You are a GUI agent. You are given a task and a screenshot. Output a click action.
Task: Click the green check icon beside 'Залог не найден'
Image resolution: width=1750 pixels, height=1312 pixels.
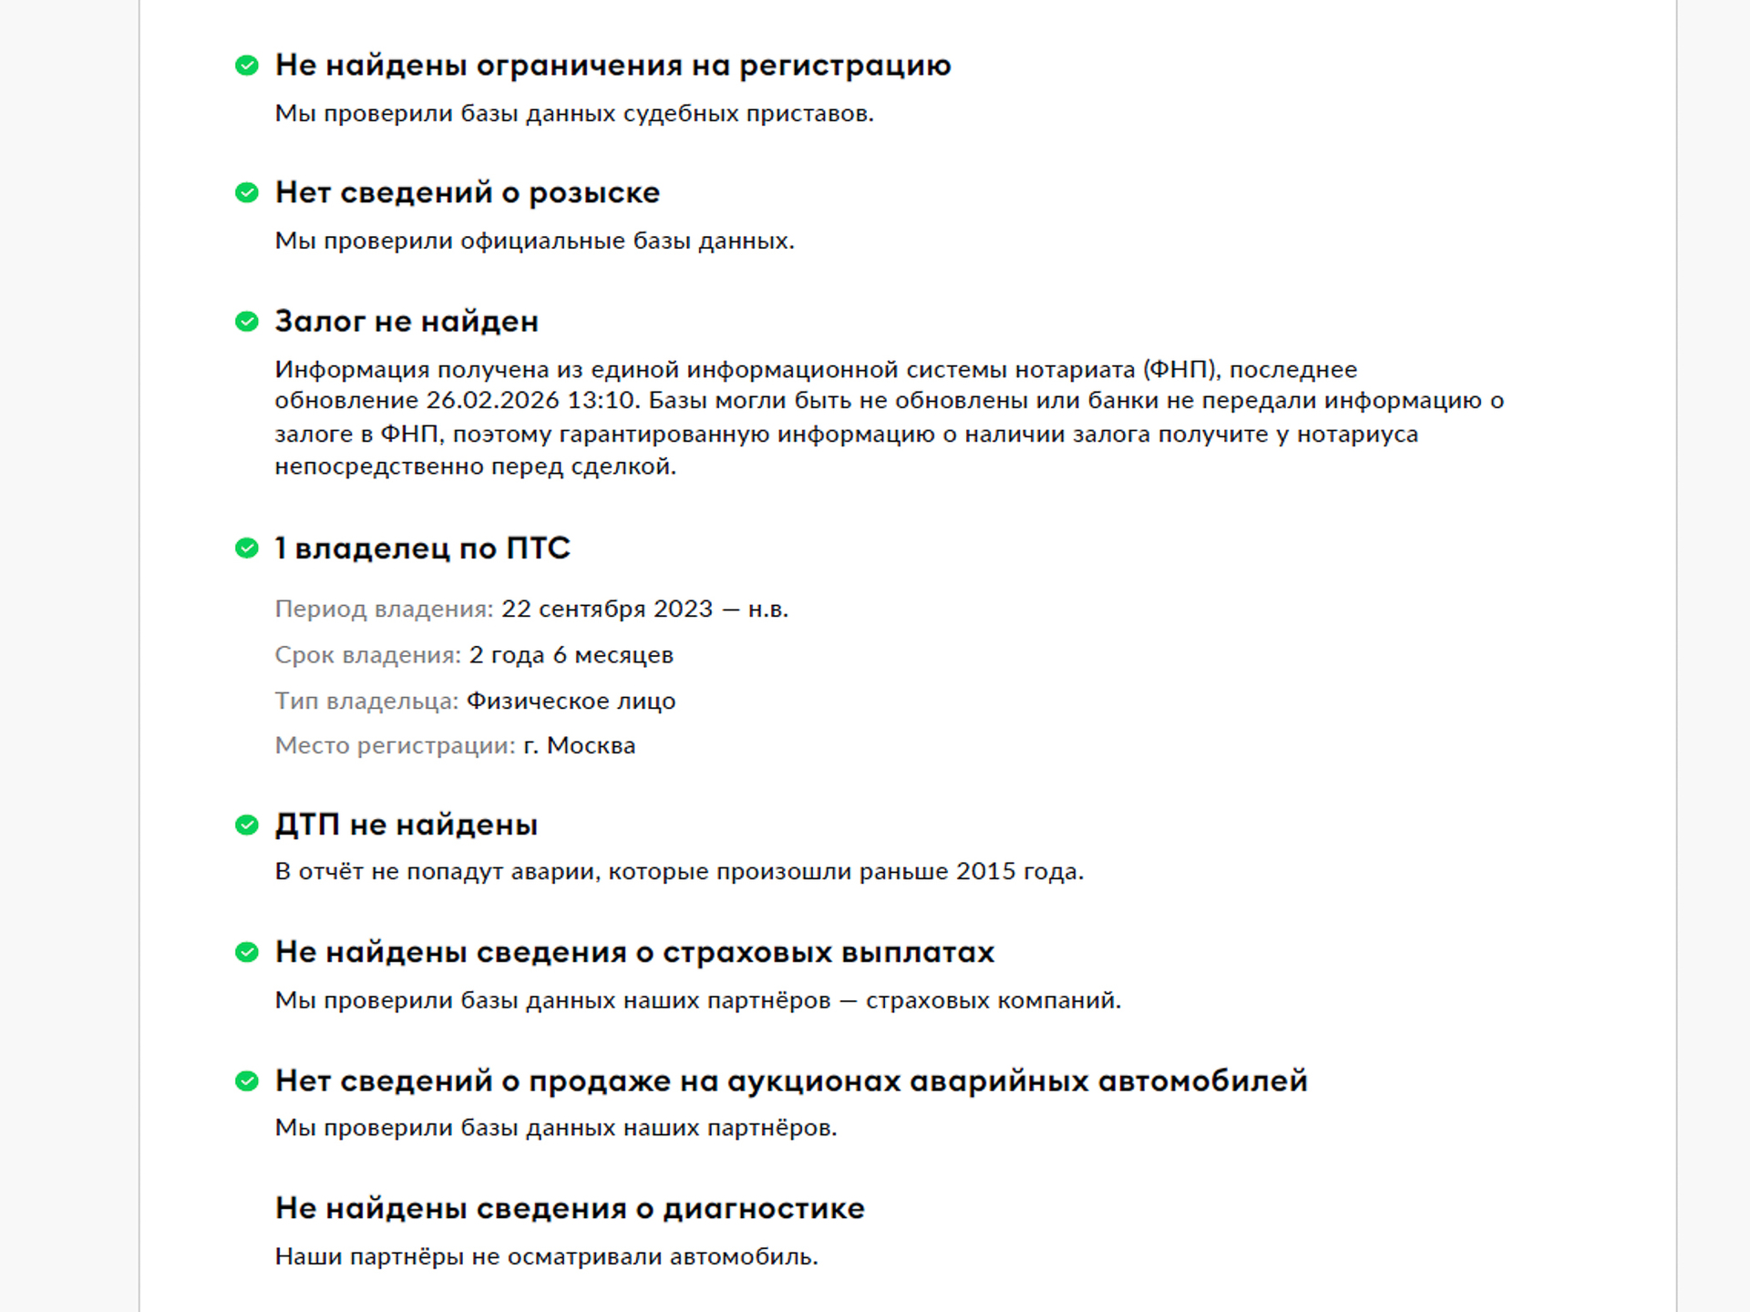[x=246, y=322]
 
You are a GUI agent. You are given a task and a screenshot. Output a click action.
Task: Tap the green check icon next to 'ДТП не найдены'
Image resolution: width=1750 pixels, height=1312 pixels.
[x=246, y=825]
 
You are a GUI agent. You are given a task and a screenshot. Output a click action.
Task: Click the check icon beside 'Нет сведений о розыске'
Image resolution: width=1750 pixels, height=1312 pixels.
[x=246, y=193]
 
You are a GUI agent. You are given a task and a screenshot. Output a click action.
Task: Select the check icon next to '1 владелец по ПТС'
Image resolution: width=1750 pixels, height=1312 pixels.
[x=246, y=548]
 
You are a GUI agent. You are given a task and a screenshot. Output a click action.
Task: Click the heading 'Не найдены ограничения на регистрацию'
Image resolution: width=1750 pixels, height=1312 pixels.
[x=612, y=66]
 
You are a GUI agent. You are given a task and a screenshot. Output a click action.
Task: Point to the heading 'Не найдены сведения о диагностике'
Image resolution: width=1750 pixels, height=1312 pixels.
[x=570, y=1209]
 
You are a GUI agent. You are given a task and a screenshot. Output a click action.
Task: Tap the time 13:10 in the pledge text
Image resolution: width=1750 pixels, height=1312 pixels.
[x=601, y=401]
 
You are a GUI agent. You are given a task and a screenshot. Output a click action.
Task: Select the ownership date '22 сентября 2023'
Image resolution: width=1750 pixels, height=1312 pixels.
[x=606, y=609]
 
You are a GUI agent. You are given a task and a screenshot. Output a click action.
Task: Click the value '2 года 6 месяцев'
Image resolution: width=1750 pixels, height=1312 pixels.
[x=571, y=655]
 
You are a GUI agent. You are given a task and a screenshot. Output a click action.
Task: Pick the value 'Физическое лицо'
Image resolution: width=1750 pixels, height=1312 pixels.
[x=571, y=701]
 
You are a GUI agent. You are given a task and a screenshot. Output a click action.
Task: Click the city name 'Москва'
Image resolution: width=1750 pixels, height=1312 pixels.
[x=591, y=745]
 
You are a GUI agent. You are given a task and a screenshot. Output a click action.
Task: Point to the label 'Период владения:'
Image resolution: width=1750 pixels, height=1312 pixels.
[x=384, y=609]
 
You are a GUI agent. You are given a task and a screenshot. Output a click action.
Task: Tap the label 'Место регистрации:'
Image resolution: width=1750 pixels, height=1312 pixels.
[x=395, y=745]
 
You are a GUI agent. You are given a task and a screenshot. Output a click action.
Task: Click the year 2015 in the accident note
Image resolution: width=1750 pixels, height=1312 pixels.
[x=985, y=872]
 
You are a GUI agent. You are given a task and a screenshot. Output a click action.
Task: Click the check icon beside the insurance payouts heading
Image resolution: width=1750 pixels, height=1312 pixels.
[x=246, y=953]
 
